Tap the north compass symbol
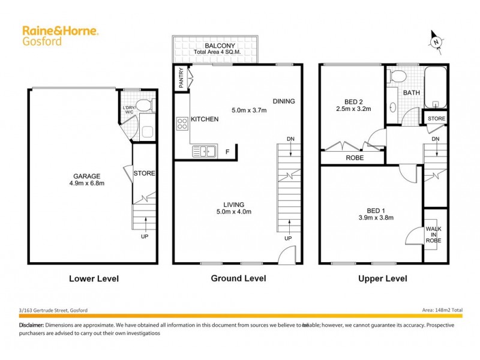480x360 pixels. coord(436,40)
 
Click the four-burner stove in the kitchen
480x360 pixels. coord(182,124)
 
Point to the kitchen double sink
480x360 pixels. coord(204,152)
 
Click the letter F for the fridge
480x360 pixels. coord(227,152)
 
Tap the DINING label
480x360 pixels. coord(283,101)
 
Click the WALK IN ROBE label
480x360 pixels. coord(433,233)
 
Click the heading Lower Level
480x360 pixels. coord(94,278)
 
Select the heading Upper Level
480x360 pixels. coord(382,278)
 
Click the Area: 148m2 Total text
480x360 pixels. coord(439,310)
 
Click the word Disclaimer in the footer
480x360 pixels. coord(31,325)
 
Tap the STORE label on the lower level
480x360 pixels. coord(144,173)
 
